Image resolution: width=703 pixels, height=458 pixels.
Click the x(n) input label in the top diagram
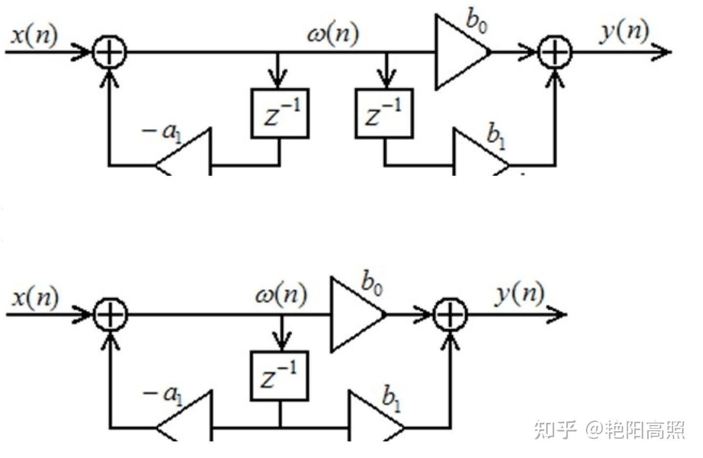coord(34,35)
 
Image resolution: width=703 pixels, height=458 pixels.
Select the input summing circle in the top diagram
coord(110,52)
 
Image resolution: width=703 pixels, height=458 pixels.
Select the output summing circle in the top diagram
coord(555,52)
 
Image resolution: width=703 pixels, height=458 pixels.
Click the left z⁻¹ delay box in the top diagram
coord(280,114)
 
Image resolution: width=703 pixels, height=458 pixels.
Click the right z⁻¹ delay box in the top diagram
coord(384,114)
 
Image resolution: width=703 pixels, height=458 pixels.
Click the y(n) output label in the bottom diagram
coord(520,295)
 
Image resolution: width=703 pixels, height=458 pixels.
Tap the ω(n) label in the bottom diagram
coord(281,295)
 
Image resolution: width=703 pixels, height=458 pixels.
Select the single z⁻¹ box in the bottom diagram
coord(279,376)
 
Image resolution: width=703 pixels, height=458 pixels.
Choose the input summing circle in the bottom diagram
coord(110,315)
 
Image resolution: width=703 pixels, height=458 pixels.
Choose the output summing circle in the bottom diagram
coord(450,315)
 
